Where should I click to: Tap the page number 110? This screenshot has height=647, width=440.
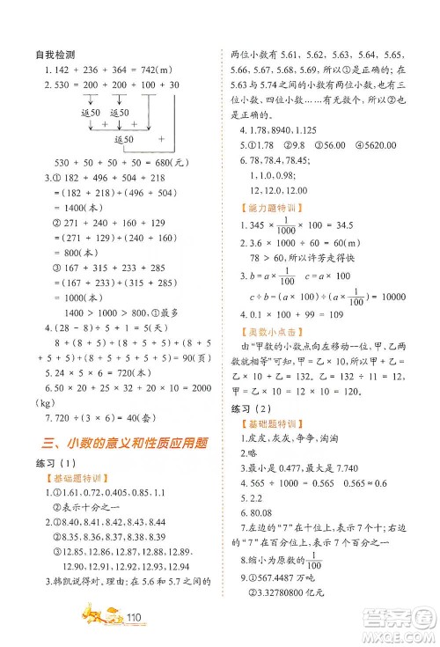click(135, 616)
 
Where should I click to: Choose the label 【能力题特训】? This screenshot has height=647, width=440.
click(269, 209)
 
